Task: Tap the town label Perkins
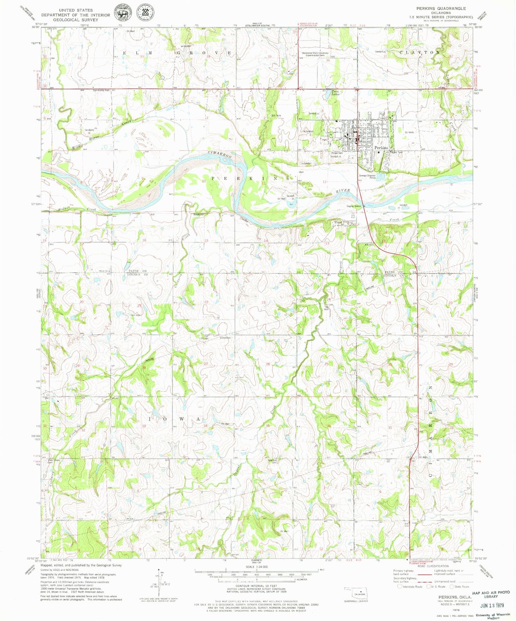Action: (x=381, y=148)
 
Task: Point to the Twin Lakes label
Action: (x=336, y=93)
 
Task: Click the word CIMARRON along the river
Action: (x=220, y=155)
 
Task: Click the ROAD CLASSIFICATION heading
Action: (x=433, y=566)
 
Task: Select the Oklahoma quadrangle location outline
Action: (x=356, y=594)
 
